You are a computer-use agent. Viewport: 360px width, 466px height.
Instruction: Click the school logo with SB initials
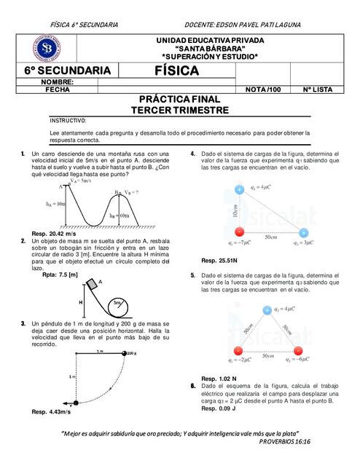(x=47, y=48)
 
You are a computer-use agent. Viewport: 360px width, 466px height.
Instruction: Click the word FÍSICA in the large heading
(x=176, y=71)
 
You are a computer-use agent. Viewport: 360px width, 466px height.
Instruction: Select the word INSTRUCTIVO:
(x=68, y=120)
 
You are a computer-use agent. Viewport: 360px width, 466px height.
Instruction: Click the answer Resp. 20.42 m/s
(x=53, y=233)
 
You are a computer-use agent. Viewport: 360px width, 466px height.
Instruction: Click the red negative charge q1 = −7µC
(x=240, y=233)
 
